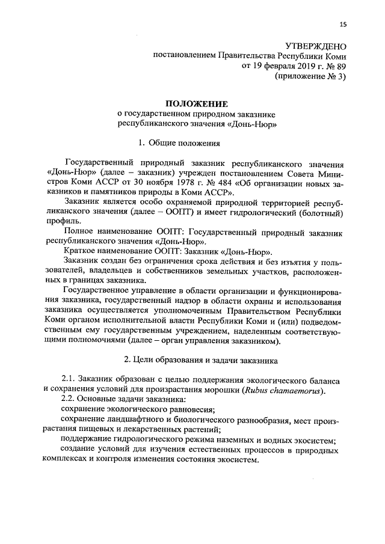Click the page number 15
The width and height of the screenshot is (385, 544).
click(343, 24)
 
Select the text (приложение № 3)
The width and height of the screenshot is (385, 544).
click(310, 77)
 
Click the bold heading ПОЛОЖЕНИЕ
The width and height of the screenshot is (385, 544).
click(192, 104)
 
